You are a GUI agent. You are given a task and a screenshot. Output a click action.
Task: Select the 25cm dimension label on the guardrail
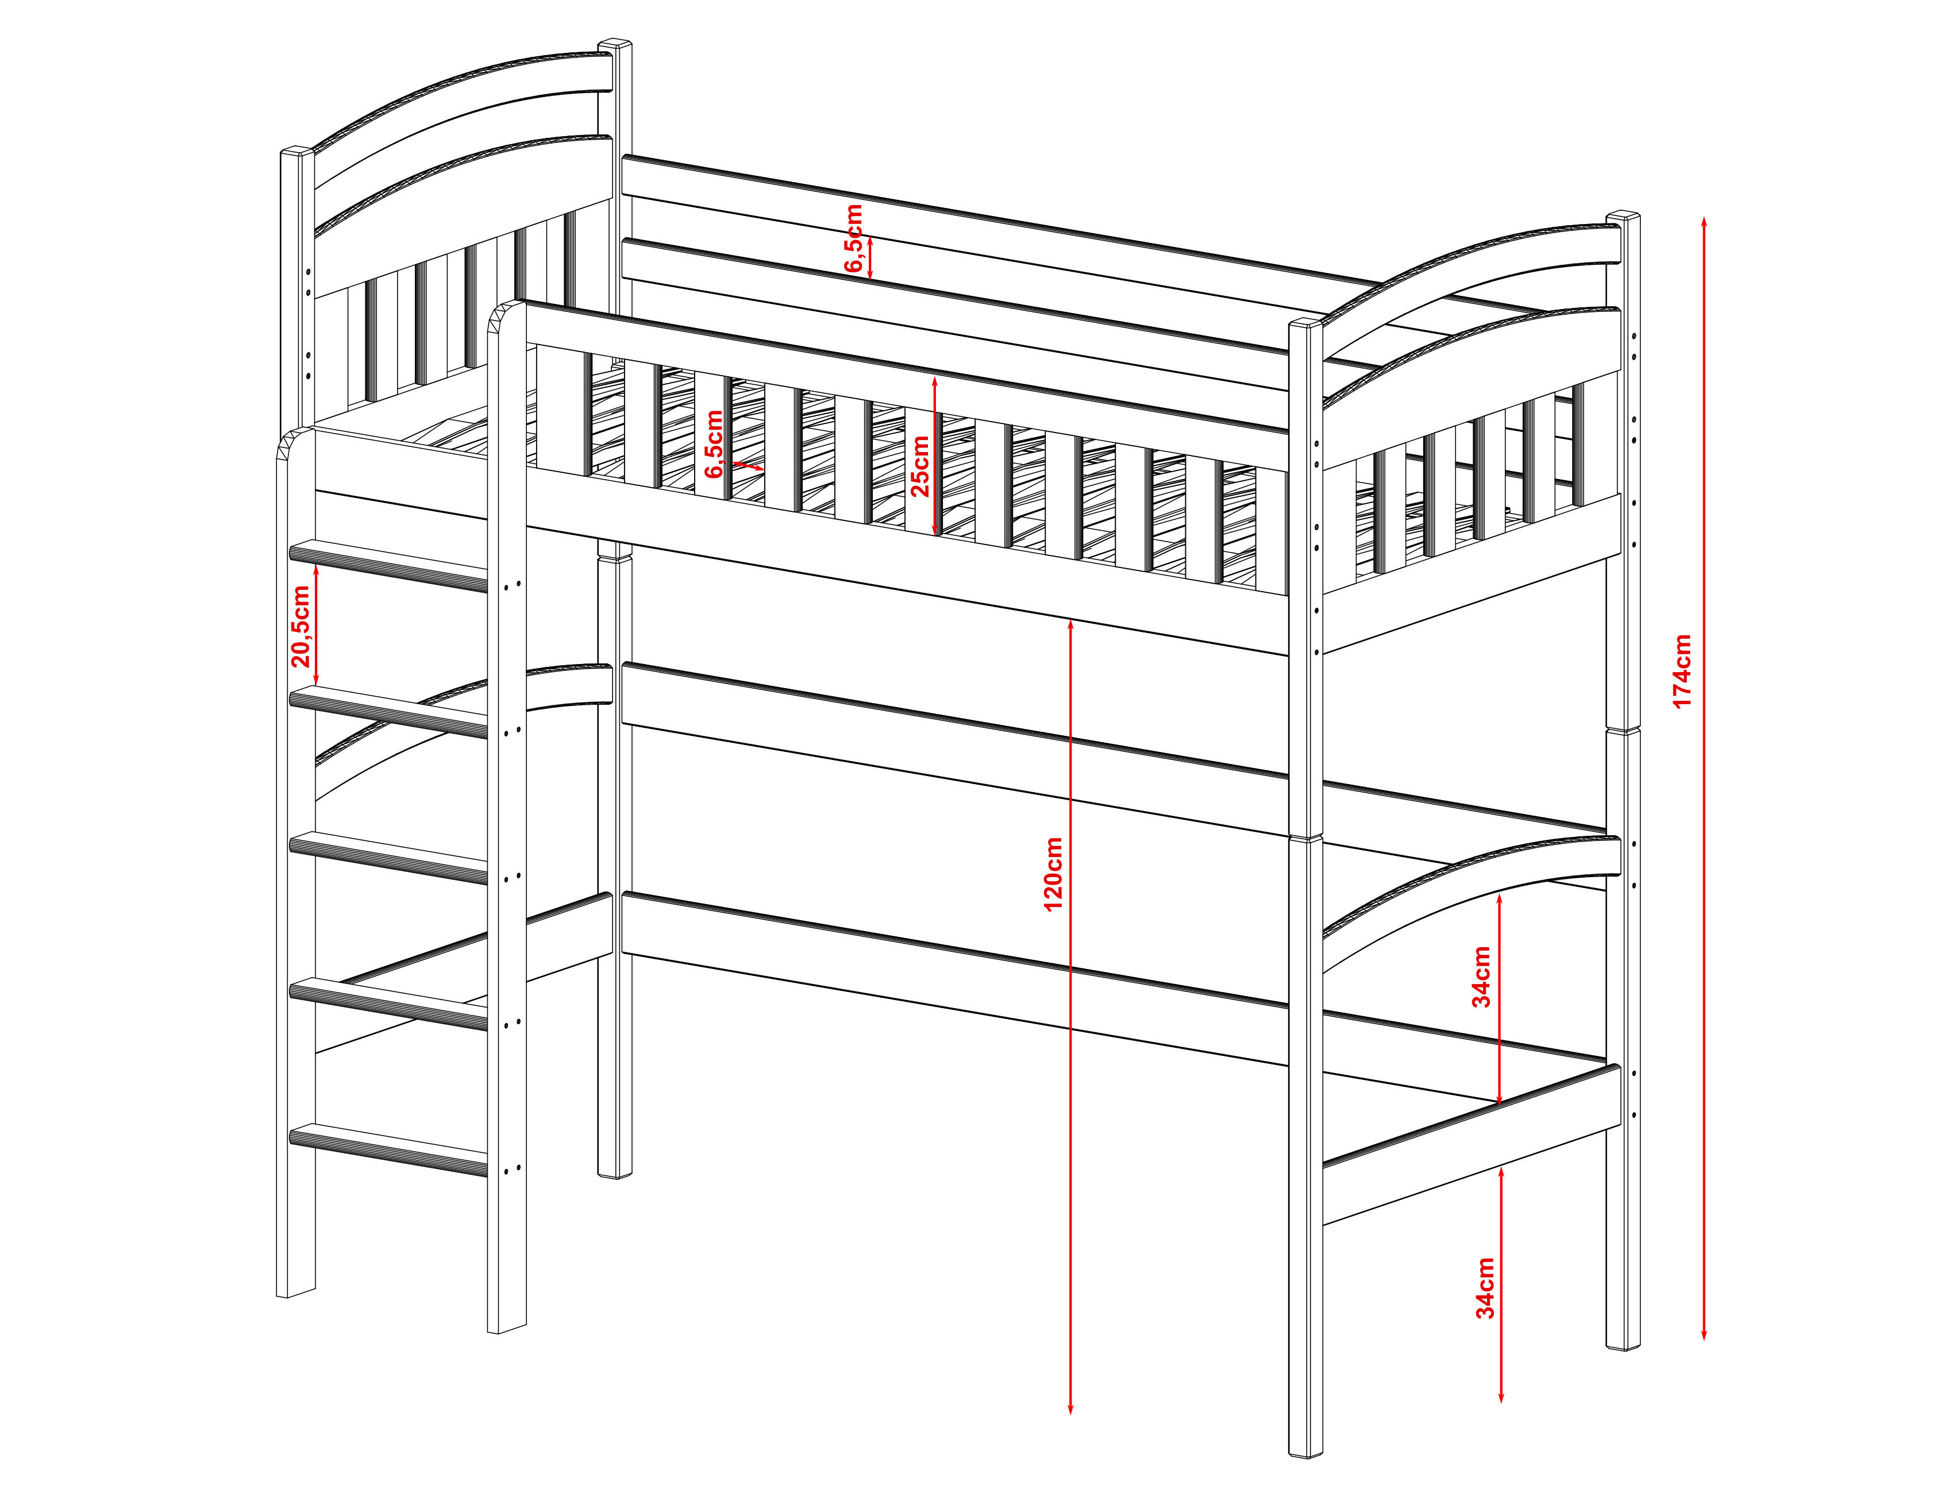pyautogui.click(x=919, y=466)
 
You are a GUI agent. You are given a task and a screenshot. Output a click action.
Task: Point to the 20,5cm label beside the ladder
pyautogui.click(x=301, y=626)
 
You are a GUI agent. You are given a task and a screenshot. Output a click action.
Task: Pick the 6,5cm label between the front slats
pyautogui.click(x=714, y=444)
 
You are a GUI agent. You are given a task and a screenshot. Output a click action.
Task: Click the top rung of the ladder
pyautogui.click(x=389, y=565)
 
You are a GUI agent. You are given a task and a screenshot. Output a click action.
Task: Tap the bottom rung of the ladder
pyautogui.click(x=389, y=1149)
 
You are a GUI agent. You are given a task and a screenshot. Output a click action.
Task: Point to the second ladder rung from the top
pyautogui.click(x=389, y=712)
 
